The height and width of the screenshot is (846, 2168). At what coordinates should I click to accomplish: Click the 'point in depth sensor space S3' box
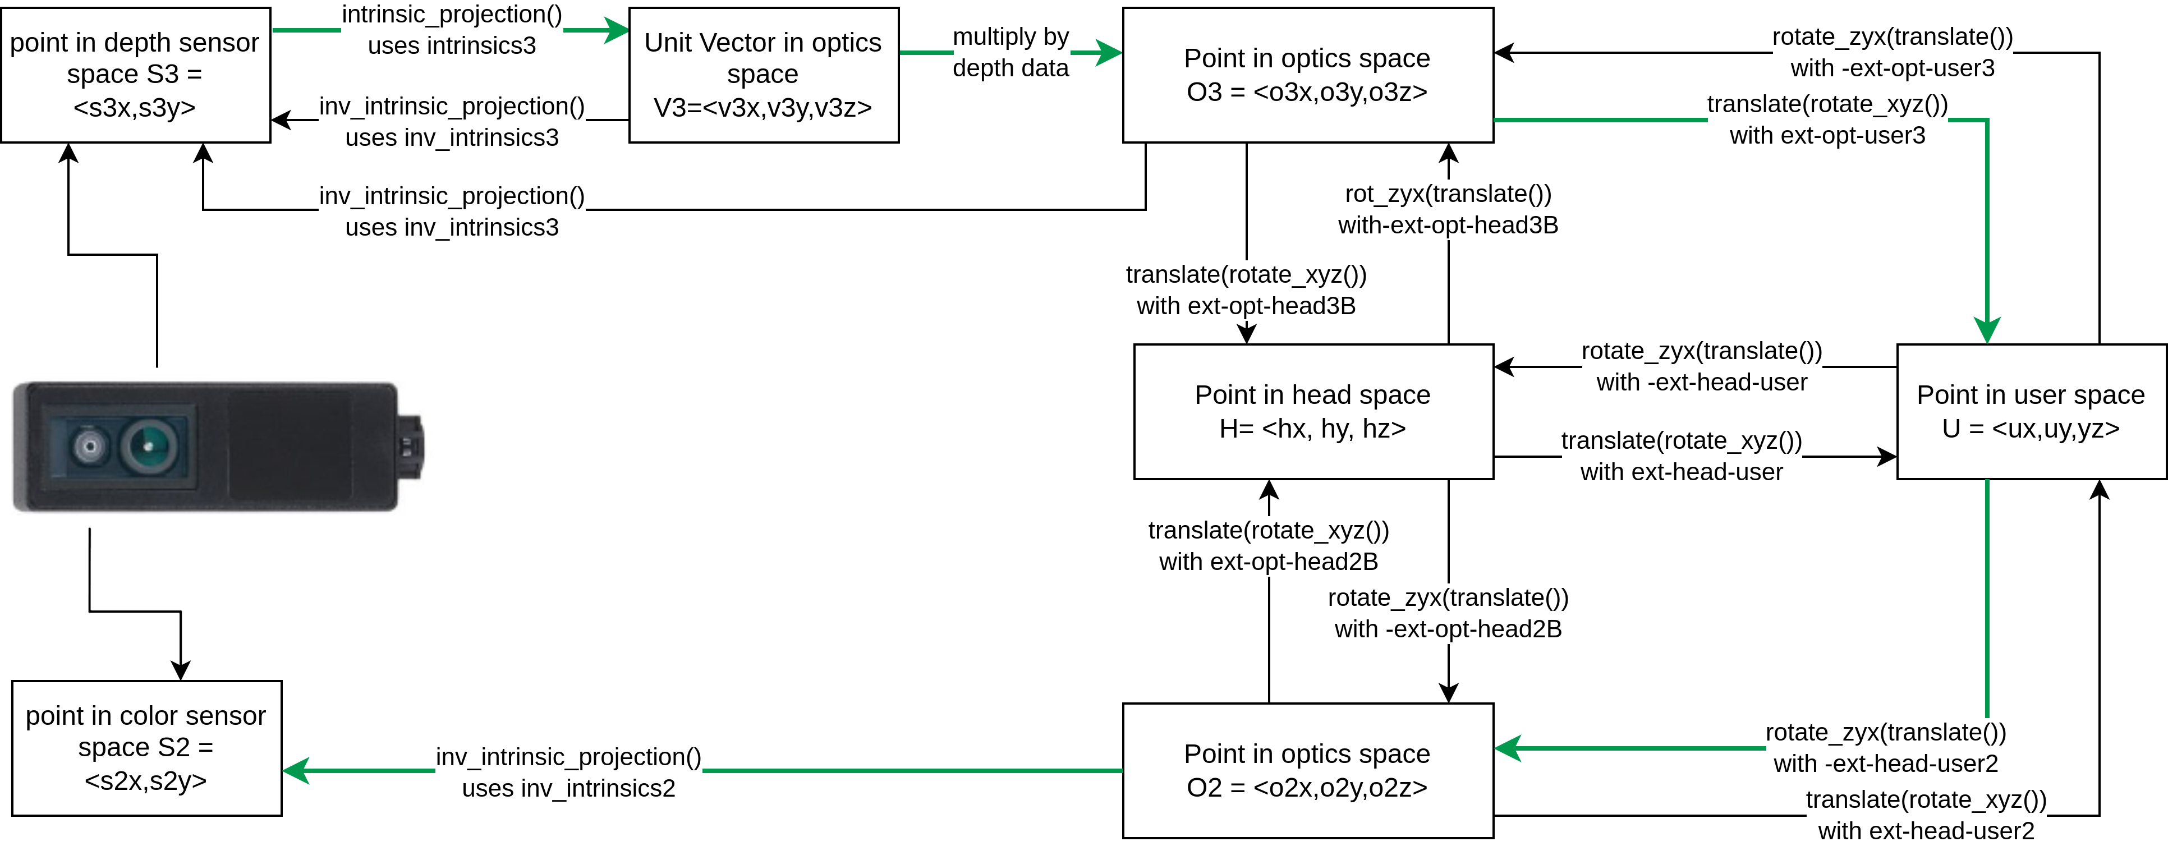[x=135, y=75]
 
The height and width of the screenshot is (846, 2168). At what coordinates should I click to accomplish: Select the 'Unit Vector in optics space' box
[x=763, y=75]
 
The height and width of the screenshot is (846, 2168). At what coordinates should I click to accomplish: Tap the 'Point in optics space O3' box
[x=1307, y=75]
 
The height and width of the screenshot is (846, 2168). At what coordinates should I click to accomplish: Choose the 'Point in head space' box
[x=1313, y=412]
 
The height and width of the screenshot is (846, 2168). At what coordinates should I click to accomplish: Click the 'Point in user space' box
[x=2031, y=412]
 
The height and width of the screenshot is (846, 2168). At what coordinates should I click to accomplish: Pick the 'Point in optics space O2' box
[x=1307, y=770]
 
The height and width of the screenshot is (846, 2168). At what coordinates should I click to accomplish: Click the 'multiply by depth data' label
[x=1011, y=52]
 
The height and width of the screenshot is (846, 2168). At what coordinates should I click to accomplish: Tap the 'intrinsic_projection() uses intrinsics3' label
[x=452, y=30]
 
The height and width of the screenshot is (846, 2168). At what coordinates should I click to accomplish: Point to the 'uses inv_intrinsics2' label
[x=568, y=773]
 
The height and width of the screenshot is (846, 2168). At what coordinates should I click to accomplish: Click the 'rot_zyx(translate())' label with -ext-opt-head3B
[x=1448, y=210]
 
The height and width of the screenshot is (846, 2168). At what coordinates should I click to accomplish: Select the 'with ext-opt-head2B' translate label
[x=1268, y=546]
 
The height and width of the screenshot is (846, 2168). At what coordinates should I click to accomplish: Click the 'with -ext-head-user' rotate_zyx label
[x=1702, y=366]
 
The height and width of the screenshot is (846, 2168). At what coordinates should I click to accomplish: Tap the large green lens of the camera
[x=149, y=445]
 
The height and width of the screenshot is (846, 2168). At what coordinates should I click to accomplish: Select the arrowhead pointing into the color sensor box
[x=295, y=770]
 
